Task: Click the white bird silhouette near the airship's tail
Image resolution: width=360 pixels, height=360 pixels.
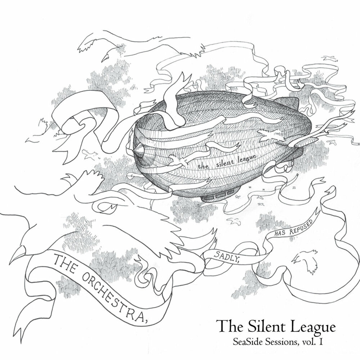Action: coord(268,135)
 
